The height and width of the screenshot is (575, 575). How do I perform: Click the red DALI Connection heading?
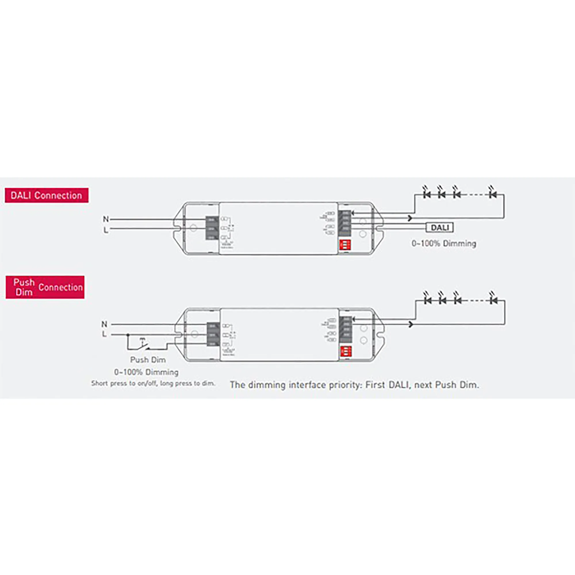tap(46, 195)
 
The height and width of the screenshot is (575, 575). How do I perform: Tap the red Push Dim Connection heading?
tap(45, 287)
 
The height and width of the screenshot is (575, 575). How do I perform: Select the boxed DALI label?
tap(440, 228)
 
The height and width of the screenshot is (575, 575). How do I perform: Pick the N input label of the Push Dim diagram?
tap(104, 324)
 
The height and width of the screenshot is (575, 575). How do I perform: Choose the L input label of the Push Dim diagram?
tap(104, 335)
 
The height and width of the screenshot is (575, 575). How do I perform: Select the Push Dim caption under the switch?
tap(148, 360)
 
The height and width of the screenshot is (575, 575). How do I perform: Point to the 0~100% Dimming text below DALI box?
tap(444, 244)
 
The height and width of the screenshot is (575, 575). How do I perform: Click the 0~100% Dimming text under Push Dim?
tap(146, 372)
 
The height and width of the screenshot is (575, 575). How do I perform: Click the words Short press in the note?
tap(109, 383)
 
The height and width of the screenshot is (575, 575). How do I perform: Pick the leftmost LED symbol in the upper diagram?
tap(427, 194)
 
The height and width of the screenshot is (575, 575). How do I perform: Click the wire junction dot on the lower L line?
tap(128, 335)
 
